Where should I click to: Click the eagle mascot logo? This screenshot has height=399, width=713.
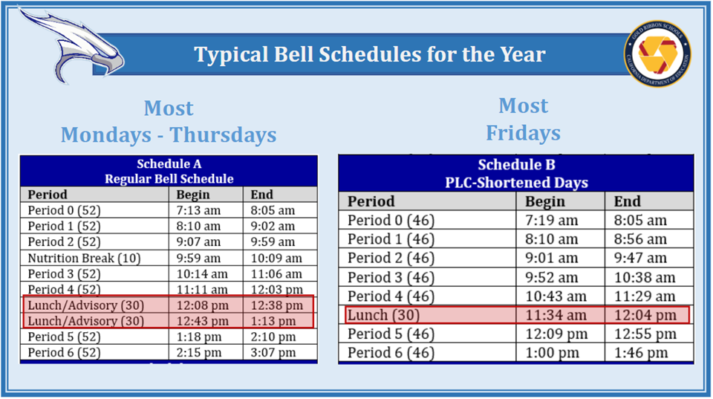[75, 45]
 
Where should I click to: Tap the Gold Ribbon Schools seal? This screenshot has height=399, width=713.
[657, 53]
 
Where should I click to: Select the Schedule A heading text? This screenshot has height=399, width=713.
[169, 163]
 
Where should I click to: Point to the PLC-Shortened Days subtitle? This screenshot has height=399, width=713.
[517, 183]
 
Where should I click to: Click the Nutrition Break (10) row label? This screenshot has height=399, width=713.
[84, 259]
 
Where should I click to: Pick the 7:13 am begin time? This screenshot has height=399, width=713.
[198, 210]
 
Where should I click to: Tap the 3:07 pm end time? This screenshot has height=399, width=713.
[273, 353]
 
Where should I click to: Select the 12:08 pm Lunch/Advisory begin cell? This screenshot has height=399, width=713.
[202, 305]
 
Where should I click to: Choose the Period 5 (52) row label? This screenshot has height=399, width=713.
[64, 337]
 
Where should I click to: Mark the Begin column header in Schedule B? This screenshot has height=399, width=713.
[544, 201]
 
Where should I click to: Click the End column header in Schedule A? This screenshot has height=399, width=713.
[262, 195]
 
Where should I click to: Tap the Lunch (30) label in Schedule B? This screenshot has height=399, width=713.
[384, 315]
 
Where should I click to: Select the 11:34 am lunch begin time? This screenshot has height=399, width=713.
[556, 315]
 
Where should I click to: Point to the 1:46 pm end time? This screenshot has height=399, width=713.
[641, 353]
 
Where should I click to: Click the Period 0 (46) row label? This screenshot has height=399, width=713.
[391, 221]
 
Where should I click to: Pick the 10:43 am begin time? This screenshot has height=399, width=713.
[556, 296]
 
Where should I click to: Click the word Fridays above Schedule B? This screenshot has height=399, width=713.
[524, 133]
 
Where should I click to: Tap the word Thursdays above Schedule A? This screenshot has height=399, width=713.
[224, 135]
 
